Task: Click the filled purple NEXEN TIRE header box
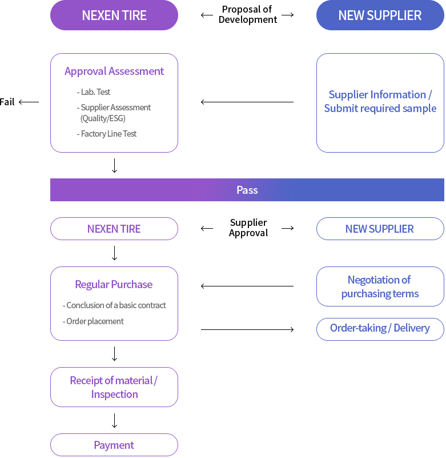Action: pyautogui.click(x=114, y=15)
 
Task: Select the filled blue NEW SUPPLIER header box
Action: pyautogui.click(x=380, y=15)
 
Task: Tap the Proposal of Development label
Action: pyautogui.click(x=247, y=15)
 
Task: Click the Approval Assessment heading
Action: pyautogui.click(x=114, y=71)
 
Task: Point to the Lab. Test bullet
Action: pyautogui.click(x=94, y=92)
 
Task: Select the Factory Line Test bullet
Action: pyautogui.click(x=107, y=134)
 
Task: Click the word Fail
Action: pyautogui.click(x=7, y=102)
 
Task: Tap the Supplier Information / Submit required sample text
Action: pyautogui.click(x=380, y=101)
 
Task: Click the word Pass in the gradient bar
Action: pyautogui.click(x=247, y=190)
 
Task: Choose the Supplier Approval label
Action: pyautogui.click(x=248, y=228)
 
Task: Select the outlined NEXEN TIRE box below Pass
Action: pyautogui.click(x=114, y=229)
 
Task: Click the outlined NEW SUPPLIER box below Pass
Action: pyautogui.click(x=380, y=229)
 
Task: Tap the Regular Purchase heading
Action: pyautogui.click(x=114, y=285)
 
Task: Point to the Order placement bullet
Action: pyautogui.click(x=93, y=321)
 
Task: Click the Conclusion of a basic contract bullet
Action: pyautogui.click(x=114, y=305)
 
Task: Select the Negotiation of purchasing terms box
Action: pyautogui.click(x=380, y=286)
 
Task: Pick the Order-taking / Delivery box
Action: pyautogui.click(x=380, y=329)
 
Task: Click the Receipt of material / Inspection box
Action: pyautogui.click(x=114, y=387)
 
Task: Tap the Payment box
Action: pyautogui.click(x=114, y=445)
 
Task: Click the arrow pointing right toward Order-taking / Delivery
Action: pyautogui.click(x=247, y=329)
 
